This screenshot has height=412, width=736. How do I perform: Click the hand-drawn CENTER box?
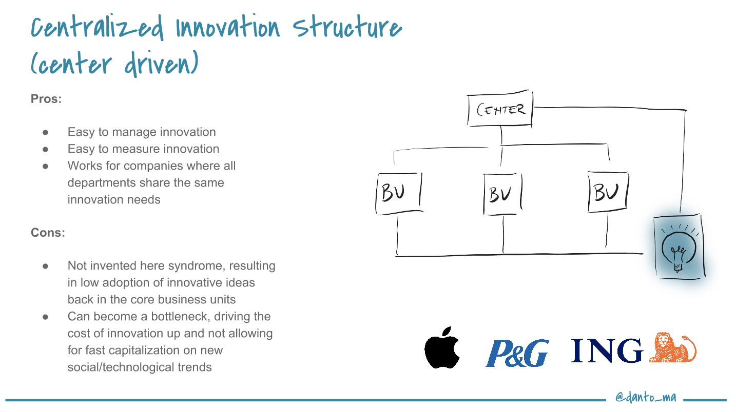pyautogui.click(x=500, y=110)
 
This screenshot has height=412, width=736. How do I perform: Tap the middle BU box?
pyautogui.click(x=502, y=194)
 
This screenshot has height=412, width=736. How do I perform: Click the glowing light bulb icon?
pyautogui.click(x=677, y=248)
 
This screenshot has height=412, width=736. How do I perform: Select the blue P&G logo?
pyautogui.click(x=517, y=353)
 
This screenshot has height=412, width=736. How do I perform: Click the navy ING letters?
pyautogui.click(x=607, y=351)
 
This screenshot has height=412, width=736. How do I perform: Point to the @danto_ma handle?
pyautogui.click(x=646, y=397)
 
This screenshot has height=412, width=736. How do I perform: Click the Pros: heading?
pyautogui.click(x=46, y=99)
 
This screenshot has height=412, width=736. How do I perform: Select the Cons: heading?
pyautogui.click(x=48, y=233)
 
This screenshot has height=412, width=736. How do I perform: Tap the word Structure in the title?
pyautogui.click(x=347, y=29)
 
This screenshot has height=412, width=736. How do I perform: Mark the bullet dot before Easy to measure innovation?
pyautogui.click(x=45, y=149)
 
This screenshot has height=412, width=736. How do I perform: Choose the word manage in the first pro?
pyautogui.click(x=134, y=132)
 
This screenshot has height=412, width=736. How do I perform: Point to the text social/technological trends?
pyautogui.click(x=140, y=367)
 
